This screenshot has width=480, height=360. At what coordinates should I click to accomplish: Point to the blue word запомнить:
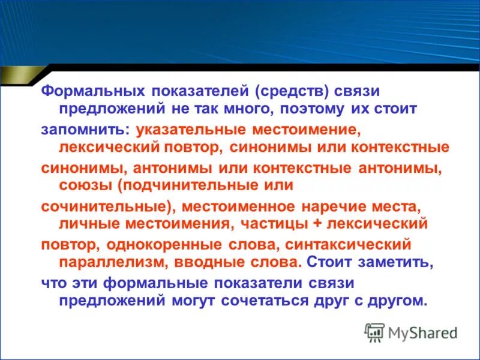coord(86,129)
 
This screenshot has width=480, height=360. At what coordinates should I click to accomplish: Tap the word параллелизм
coord(111,262)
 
